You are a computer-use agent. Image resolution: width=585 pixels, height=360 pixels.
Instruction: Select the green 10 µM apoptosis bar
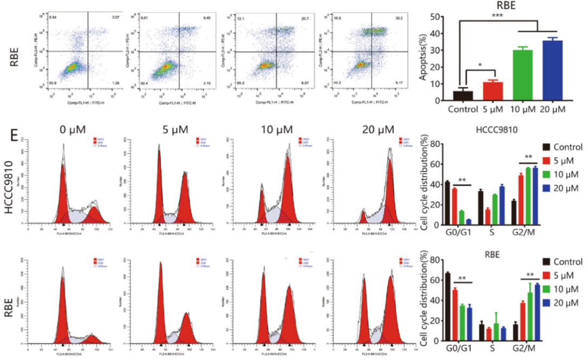coord(522,75)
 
